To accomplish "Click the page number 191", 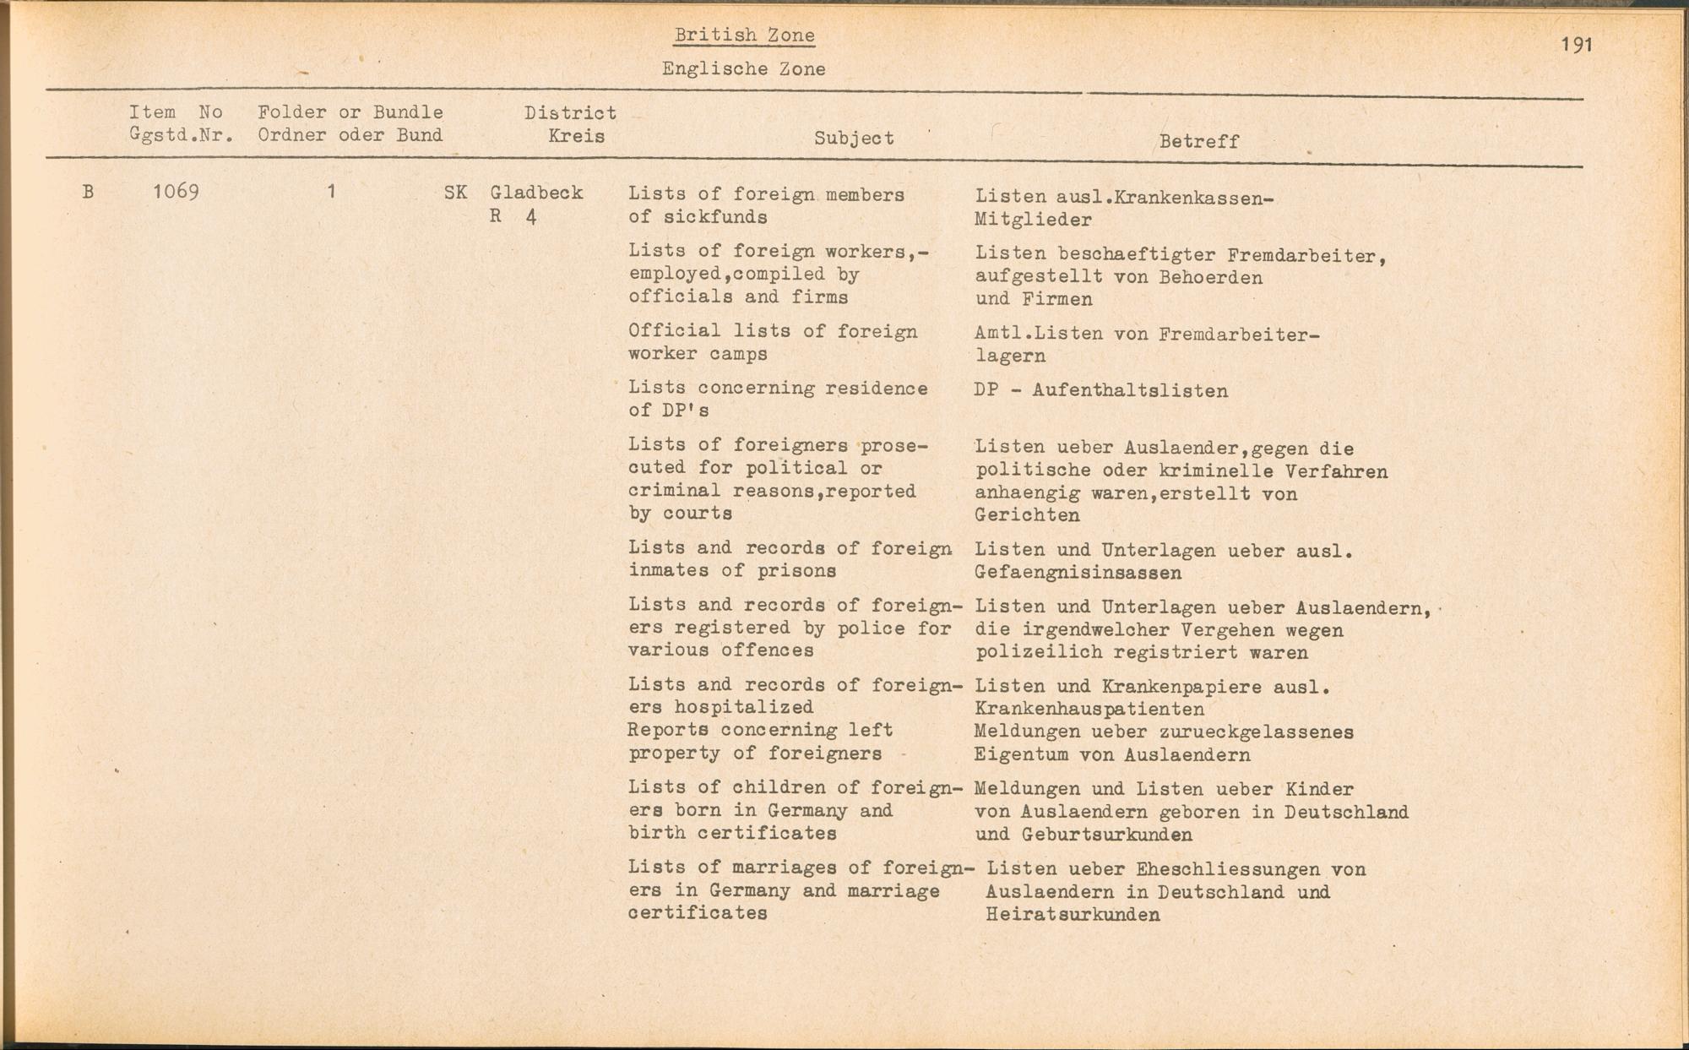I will (x=1577, y=44).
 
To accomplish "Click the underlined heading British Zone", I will (x=744, y=35).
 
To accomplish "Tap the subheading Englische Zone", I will (x=743, y=69).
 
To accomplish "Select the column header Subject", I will (x=854, y=139).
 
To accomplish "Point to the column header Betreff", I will (x=1198, y=142).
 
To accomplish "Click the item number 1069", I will (x=176, y=192).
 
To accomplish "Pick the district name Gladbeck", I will (x=536, y=193).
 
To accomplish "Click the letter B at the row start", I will (x=88, y=192).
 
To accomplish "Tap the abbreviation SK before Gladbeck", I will (x=455, y=193).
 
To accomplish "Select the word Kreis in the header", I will (x=576, y=136).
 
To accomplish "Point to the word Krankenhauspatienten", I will (x=1089, y=710).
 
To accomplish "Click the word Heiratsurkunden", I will (x=1073, y=915).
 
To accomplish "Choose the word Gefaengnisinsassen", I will (x=1078, y=574).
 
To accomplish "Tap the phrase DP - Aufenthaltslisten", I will (x=1100, y=391).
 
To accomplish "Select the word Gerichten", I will (x=1027, y=515).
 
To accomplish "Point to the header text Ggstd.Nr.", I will (x=181, y=135).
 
